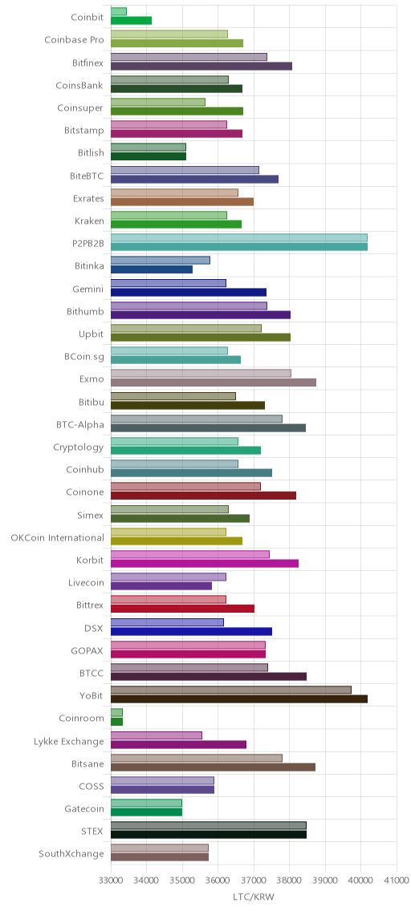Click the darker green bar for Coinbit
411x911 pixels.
(131, 20)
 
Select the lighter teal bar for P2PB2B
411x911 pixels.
(239, 237)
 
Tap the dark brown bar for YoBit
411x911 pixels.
(239, 699)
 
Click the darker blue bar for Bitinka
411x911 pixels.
(151, 269)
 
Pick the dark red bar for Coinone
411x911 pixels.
(203, 496)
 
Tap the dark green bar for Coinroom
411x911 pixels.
(116, 722)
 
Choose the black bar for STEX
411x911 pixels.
(208, 835)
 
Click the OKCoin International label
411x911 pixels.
(58, 537)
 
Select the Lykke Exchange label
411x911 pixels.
(70, 741)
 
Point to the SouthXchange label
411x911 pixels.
(71, 854)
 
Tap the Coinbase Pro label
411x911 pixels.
(75, 40)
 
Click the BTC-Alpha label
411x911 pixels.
(80, 425)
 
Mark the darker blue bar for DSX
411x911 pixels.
(191, 632)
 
